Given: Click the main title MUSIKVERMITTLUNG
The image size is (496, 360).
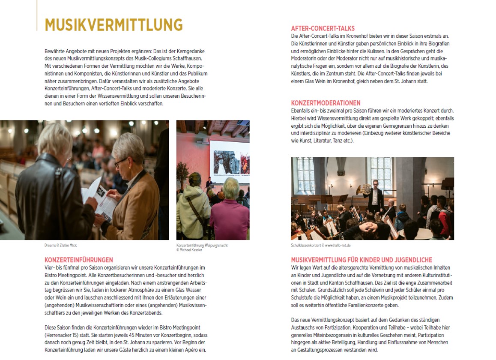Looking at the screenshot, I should (114, 25).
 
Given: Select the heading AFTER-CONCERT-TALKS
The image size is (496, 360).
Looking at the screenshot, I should (323, 29).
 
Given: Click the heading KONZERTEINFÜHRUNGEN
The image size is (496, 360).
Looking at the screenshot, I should (79, 260).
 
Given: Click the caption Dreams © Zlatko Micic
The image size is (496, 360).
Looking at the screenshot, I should (61, 246).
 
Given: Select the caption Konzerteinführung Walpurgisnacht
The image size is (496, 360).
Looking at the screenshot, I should (202, 246).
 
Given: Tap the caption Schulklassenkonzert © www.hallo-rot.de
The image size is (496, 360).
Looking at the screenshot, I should (320, 246).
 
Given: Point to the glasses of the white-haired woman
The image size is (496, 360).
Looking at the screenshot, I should (120, 162).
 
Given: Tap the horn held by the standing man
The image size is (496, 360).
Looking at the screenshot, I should (367, 190).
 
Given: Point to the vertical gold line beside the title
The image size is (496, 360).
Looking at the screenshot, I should (37, 15).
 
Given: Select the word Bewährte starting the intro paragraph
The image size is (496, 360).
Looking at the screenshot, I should (54, 51).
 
